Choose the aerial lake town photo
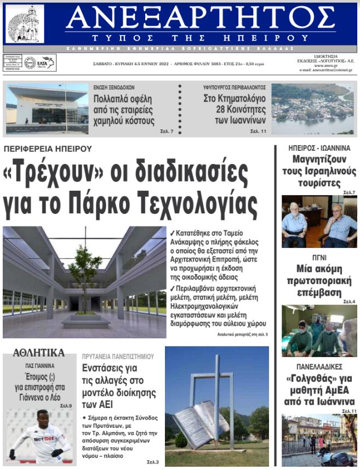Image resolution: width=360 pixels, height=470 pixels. (x=312, y=108)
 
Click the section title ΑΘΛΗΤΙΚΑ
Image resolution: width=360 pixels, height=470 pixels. (x=38, y=353)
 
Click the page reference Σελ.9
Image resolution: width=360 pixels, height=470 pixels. (x=66, y=405)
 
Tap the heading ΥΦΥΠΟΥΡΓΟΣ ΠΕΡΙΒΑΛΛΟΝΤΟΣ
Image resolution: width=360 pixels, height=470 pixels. (x=235, y=87)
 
